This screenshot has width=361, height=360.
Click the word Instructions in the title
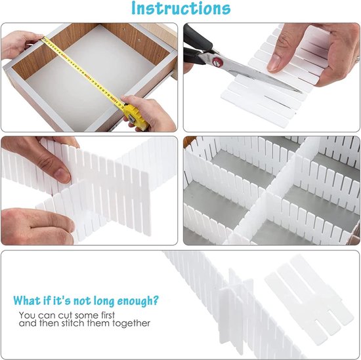(180, 8)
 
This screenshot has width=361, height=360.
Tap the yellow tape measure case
(135, 117)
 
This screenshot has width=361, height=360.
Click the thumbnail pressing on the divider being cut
(273, 63)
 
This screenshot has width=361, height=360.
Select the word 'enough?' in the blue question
(138, 301)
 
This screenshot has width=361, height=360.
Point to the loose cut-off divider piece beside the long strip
(309, 299)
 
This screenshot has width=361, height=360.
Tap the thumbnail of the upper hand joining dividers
(62, 175)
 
